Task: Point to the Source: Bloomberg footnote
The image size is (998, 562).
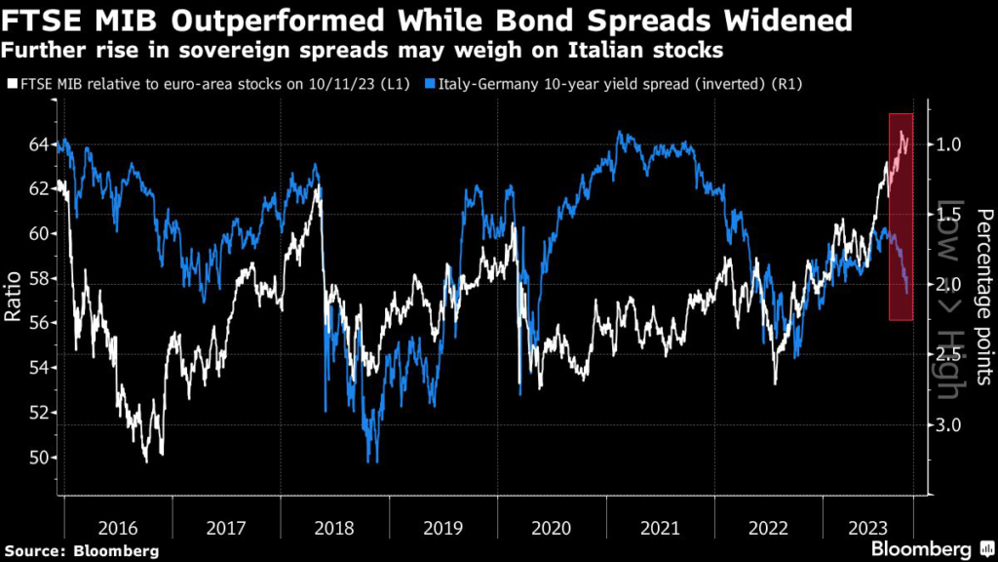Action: [81, 551]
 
